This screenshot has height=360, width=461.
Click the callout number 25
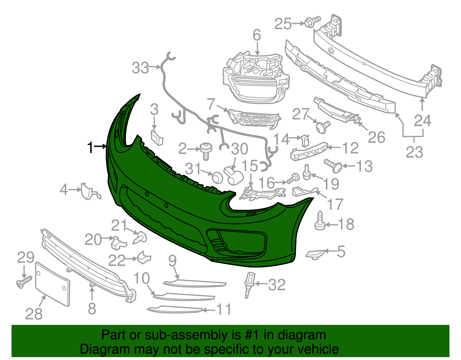coord(283,24)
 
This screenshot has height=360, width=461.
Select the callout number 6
coord(257,35)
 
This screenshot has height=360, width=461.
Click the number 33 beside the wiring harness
coord(140,68)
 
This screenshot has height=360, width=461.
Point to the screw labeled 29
coord(24,282)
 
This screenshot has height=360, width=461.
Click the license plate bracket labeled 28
coord(52,284)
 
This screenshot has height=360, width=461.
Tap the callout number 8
coord(92,308)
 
